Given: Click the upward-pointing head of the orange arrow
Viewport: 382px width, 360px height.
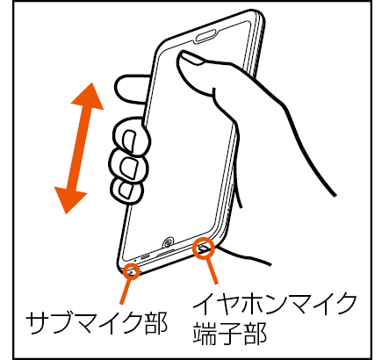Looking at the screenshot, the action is click(x=88, y=96).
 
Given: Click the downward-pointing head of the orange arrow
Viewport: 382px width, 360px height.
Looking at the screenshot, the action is click(x=71, y=200).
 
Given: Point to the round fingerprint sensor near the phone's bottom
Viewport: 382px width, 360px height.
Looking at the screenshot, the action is click(x=169, y=243).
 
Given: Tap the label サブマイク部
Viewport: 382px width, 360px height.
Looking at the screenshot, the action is click(x=97, y=323).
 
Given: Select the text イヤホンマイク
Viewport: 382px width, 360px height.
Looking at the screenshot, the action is click(x=274, y=305).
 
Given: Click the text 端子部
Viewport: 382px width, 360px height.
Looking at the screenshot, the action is click(x=229, y=333).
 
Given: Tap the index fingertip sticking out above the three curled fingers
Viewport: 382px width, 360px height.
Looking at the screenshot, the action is click(x=130, y=89).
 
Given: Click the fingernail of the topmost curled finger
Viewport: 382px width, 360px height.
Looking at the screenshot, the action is click(x=129, y=141).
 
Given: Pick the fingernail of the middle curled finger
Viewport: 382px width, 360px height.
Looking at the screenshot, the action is click(x=129, y=169).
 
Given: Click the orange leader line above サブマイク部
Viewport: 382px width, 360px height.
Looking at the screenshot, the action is click(x=126, y=292).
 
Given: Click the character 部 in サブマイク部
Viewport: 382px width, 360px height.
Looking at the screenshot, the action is click(x=156, y=323).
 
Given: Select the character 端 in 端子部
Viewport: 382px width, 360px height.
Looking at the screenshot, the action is click(x=204, y=333).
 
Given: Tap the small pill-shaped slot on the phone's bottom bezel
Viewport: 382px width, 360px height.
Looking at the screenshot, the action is click(x=146, y=257).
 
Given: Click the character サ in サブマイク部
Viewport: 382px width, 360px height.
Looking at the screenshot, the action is click(x=38, y=323).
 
